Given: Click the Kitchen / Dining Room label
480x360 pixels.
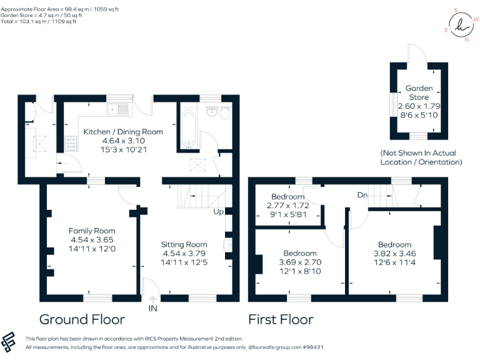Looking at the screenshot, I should (x=123, y=132).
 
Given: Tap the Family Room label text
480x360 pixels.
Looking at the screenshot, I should (x=92, y=231).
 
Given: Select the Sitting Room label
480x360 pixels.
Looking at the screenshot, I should (x=184, y=244).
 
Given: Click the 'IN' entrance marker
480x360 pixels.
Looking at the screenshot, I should (x=153, y=309).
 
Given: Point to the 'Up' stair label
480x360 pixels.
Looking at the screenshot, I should (x=219, y=212).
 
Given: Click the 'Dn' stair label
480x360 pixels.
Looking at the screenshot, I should (x=362, y=195).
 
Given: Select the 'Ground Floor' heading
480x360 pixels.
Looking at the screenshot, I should (x=82, y=320).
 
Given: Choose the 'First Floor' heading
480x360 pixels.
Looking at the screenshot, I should (x=281, y=320).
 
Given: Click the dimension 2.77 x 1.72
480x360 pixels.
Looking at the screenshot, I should (x=287, y=206).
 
